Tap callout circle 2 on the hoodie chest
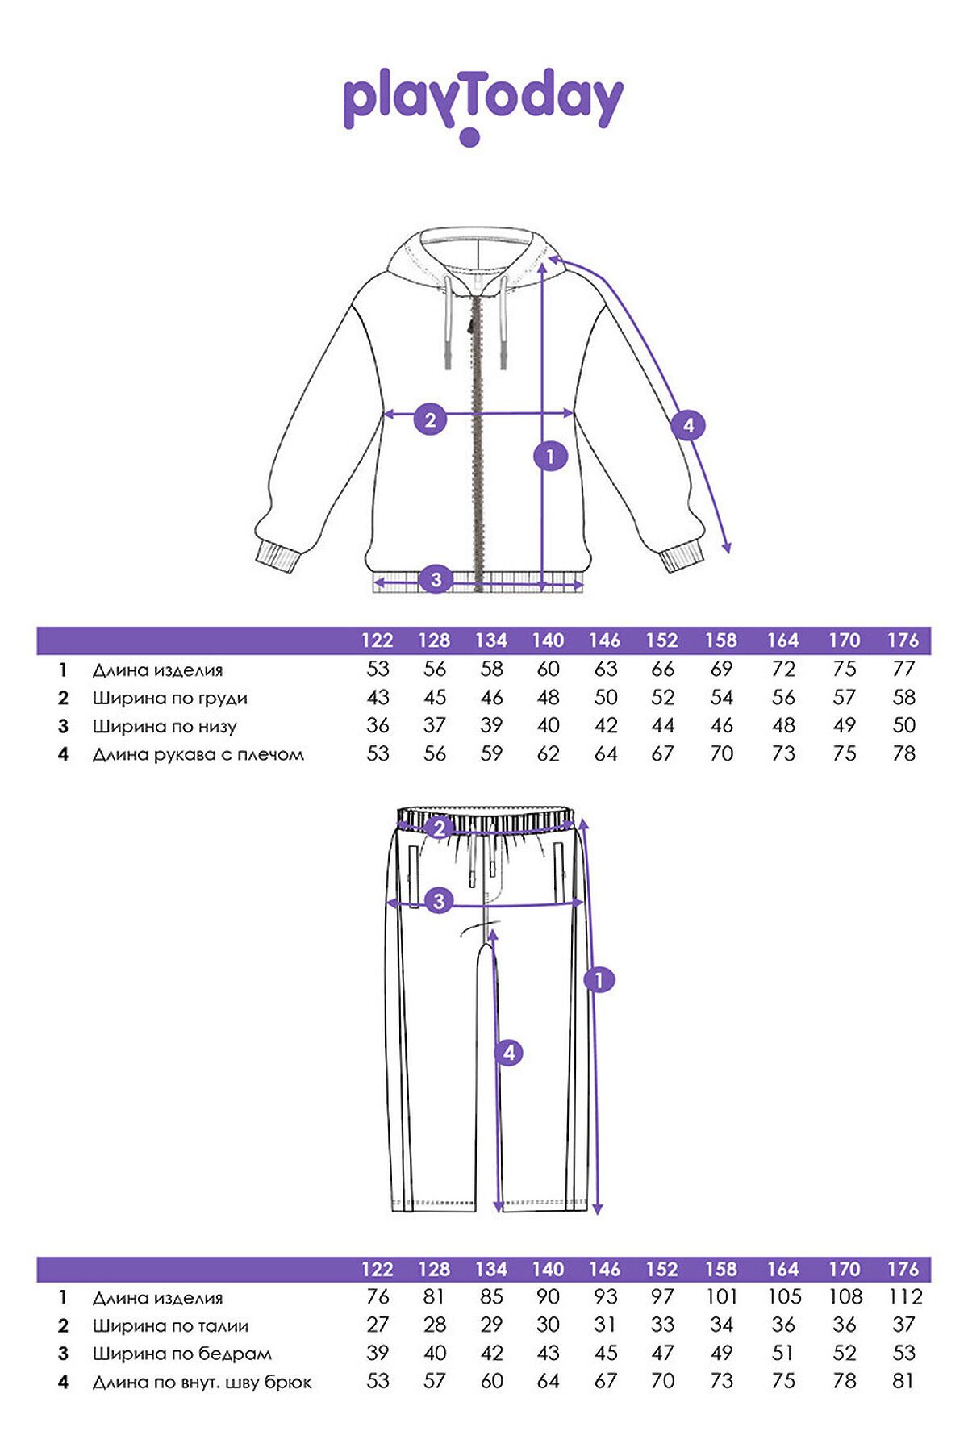pos(430,419)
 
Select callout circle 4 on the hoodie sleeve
pos(688,424)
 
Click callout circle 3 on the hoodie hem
pos(436,579)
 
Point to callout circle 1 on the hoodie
pos(550,457)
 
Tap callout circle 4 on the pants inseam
pos(508,1053)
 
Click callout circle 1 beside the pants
pos(599,980)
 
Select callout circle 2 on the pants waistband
pos(440,828)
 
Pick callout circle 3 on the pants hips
pos(439,900)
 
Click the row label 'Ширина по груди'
pos(169,699)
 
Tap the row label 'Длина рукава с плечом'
pos(198,755)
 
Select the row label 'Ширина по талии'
pos(170,1326)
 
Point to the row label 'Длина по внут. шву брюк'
pos(202,1383)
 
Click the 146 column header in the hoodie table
pos(604,640)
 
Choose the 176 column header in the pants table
pos(903,1269)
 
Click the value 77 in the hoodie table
pos(904,670)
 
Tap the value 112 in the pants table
pos(905,1297)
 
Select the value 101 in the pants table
pos(722,1297)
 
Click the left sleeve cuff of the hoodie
pos(277,557)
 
